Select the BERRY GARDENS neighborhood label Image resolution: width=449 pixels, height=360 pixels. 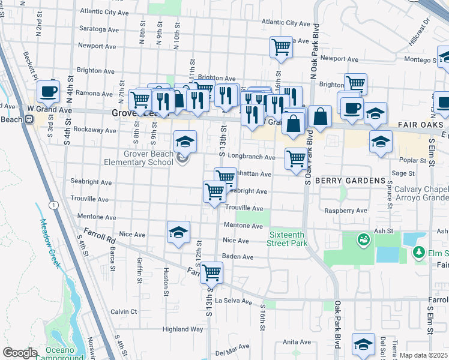(350, 181)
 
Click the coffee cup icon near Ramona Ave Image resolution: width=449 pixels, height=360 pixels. (48, 92)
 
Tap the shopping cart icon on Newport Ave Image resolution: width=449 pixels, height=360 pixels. (281, 47)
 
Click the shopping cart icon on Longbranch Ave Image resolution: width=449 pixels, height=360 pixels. (296, 159)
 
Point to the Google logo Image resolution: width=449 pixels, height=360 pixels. (20, 353)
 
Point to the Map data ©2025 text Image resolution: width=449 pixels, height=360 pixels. (423, 355)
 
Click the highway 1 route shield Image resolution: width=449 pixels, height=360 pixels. (55, 205)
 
